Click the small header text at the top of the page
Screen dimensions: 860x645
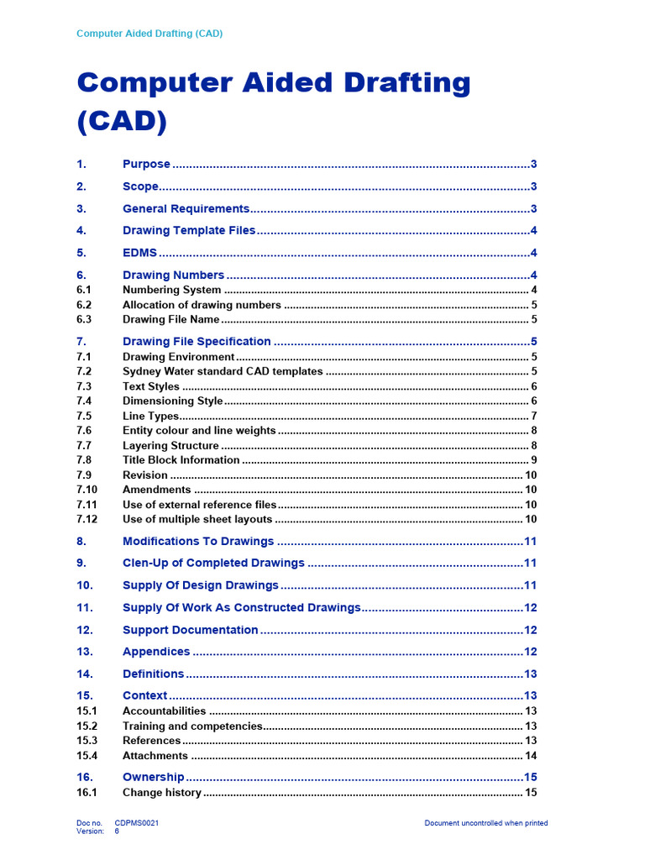[149, 34]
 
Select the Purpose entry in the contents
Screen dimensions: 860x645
[146, 164]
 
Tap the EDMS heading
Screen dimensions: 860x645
[139, 253]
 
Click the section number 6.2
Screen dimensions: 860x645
[83, 305]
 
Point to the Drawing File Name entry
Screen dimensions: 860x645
[170, 319]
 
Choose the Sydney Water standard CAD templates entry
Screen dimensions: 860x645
[223, 371]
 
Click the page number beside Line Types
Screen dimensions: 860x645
[533, 416]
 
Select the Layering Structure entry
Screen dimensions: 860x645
[170, 445]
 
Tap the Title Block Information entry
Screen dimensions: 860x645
[181, 459]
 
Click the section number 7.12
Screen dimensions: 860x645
[87, 519]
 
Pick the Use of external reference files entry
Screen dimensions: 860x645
[199, 505]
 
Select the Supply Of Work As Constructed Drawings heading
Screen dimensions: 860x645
[241, 607]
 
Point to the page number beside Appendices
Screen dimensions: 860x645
[530, 652]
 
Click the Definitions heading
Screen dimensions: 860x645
[153, 674]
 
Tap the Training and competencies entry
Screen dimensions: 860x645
[192, 726]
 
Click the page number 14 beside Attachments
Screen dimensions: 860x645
[531, 756]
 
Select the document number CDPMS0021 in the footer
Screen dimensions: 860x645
[137, 823]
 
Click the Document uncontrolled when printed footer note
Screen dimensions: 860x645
[485, 823]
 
